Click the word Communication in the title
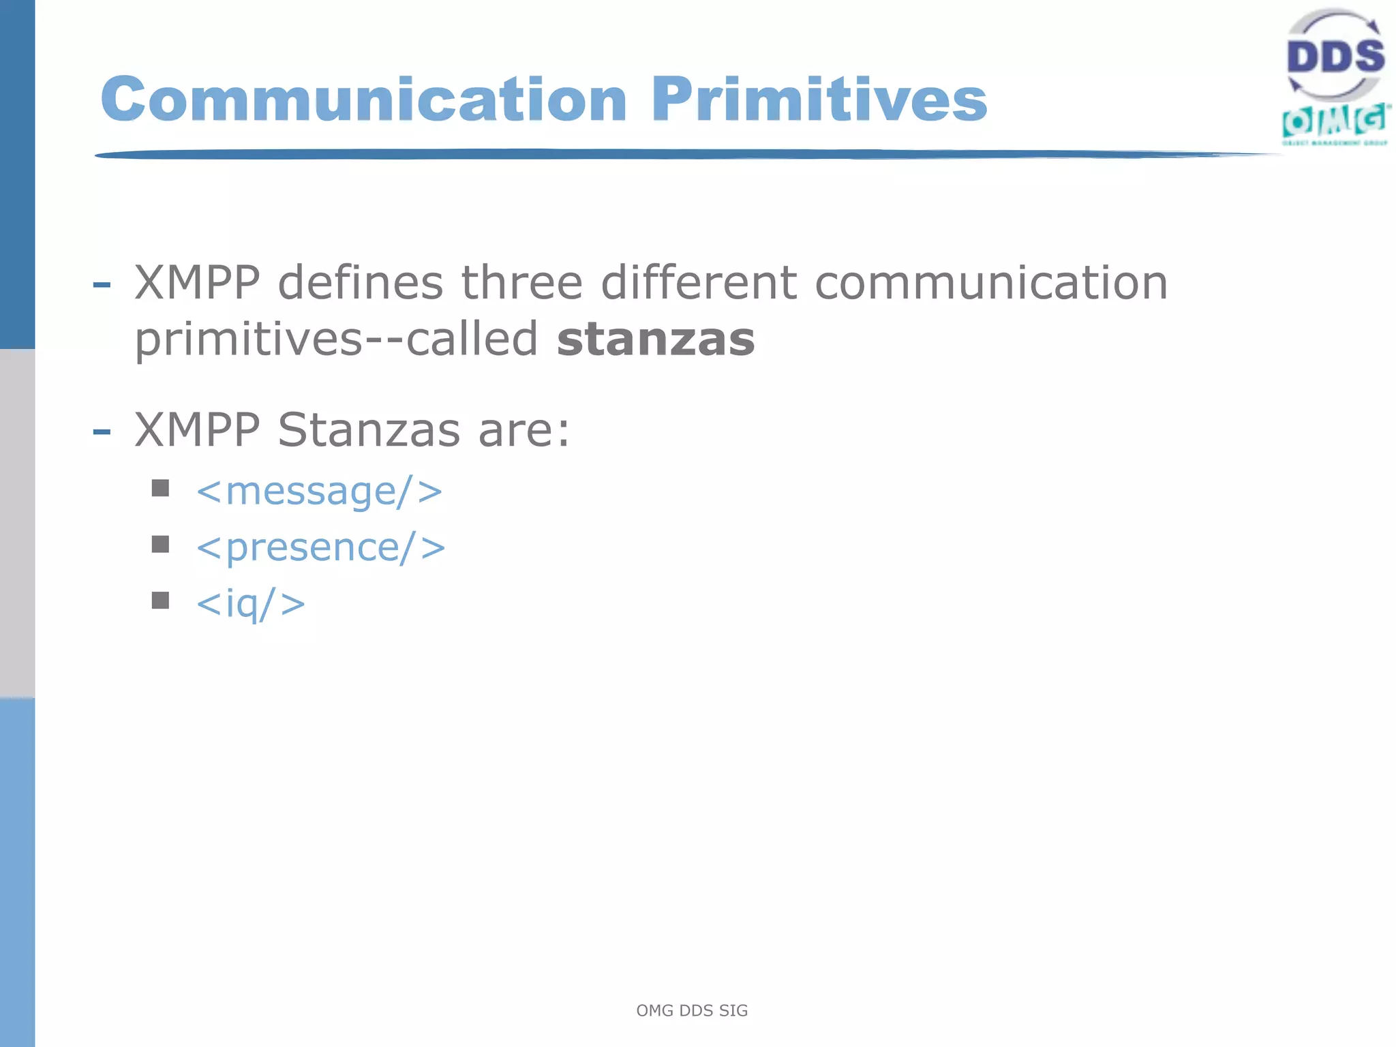point(363,100)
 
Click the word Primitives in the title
point(819,100)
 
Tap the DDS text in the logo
point(1335,57)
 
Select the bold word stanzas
point(655,339)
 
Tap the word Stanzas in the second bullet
point(369,430)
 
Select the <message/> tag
point(319,491)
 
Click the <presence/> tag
point(320,547)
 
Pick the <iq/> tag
point(250,603)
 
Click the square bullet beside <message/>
point(160,488)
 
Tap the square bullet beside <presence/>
point(160,544)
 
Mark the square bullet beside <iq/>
point(160,600)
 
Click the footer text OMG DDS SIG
point(691,1010)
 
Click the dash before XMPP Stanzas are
point(102,431)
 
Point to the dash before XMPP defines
point(102,284)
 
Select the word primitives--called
point(336,339)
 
